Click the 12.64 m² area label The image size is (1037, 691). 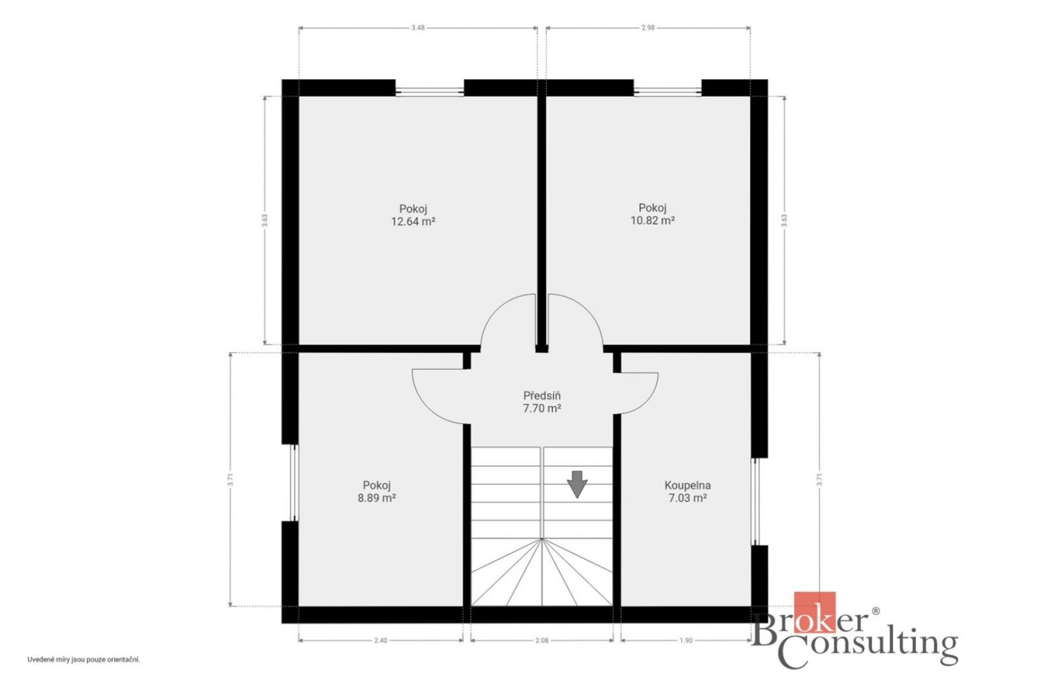(x=413, y=222)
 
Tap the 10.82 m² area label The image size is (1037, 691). (x=652, y=221)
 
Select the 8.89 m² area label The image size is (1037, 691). (x=377, y=498)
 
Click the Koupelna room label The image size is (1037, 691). (x=688, y=485)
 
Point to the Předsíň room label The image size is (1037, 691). (x=542, y=396)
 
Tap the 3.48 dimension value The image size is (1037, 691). (x=418, y=27)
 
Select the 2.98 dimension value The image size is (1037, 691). (x=648, y=27)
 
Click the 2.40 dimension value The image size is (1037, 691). (x=381, y=640)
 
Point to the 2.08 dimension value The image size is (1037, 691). (x=542, y=640)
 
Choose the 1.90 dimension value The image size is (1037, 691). (x=686, y=640)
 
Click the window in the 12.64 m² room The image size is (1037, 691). (x=430, y=90)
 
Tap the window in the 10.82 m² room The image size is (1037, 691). (x=668, y=90)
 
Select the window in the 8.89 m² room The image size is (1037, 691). (x=294, y=483)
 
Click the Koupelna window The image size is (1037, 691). (x=756, y=502)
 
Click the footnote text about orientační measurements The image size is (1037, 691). (x=84, y=660)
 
